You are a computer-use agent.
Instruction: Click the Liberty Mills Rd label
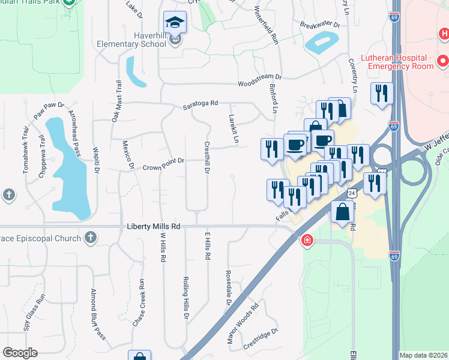154,227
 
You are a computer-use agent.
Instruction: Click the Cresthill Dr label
206,158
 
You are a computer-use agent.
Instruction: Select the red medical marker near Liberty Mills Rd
307,241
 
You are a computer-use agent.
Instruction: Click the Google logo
20,353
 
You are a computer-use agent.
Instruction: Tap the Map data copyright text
423,355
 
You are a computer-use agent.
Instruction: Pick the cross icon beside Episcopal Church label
91,238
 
